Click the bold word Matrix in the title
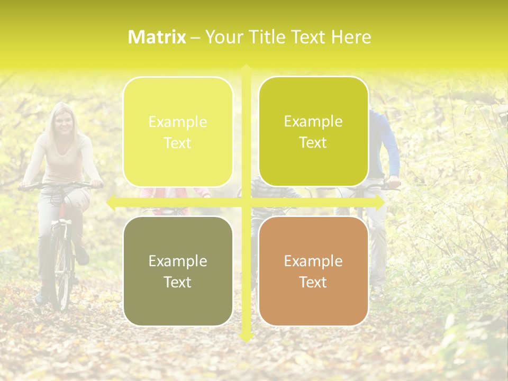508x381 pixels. coord(157,37)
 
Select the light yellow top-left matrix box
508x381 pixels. coord(178,132)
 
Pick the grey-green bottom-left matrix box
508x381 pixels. coord(178,271)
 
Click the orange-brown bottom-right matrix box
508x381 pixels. coord(313,271)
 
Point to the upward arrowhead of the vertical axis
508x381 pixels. coord(246,68)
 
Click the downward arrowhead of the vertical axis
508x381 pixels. coord(246,337)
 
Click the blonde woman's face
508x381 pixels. coord(63,124)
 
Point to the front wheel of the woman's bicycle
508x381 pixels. coord(63,270)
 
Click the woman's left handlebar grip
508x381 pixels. coord(97,185)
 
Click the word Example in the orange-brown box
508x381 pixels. coord(313,261)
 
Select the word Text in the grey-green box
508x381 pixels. coord(178,282)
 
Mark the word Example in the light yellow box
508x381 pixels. coord(178,122)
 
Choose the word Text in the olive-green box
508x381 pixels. coord(313,142)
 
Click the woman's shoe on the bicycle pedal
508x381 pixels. coord(83,257)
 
